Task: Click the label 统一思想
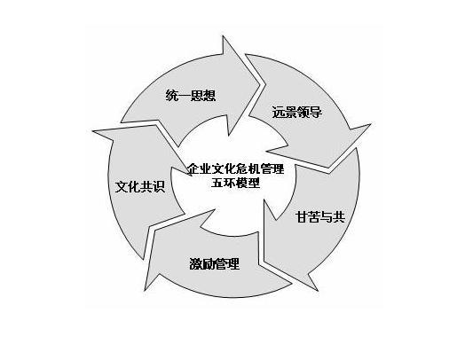point(191,96)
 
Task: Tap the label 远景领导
point(296,113)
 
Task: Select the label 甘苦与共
point(320,217)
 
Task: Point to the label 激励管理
point(215,263)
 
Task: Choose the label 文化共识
point(140,186)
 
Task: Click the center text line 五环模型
point(235,183)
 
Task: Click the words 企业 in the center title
point(199,168)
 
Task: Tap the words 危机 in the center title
point(248,168)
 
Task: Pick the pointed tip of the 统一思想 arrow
point(260,85)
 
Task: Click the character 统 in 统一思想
point(171,96)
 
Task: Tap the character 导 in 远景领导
point(316,113)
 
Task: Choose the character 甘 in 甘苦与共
point(302,217)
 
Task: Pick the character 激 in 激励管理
point(195,263)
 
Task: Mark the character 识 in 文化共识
point(159,186)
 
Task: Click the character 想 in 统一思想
point(209,96)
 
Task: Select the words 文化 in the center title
point(224,168)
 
